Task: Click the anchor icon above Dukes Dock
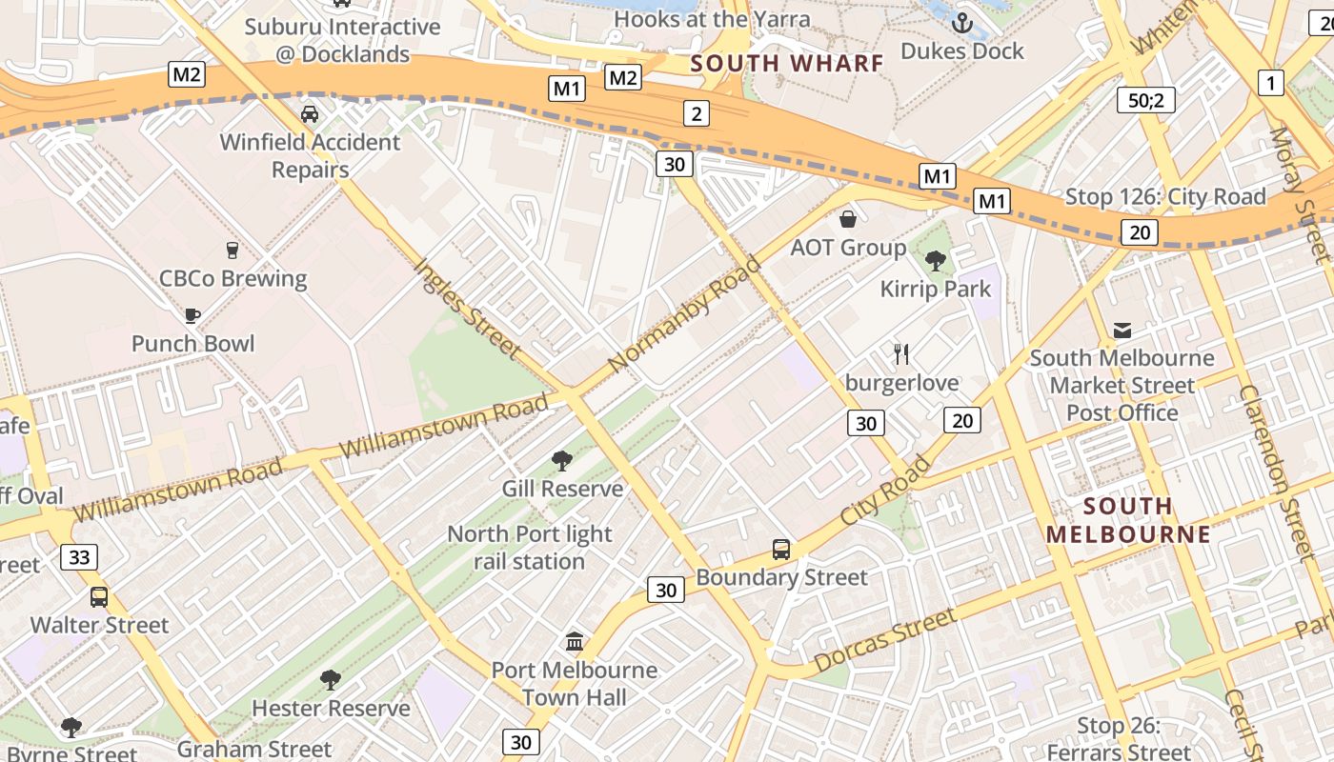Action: (961, 22)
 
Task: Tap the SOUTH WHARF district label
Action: (787, 64)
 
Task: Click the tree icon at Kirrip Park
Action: (936, 260)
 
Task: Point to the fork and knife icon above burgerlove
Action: (901, 354)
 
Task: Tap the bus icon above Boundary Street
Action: (781, 550)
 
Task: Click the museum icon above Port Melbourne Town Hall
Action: (574, 642)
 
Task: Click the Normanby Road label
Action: (684, 313)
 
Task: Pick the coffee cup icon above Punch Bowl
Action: (192, 315)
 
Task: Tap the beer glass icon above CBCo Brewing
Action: (232, 251)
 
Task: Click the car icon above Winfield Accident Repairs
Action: (310, 114)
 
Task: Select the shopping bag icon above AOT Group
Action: (847, 219)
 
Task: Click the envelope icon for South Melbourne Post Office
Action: (1122, 331)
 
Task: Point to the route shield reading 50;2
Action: (1145, 100)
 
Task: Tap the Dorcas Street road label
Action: (884, 640)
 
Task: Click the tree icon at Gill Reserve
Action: (562, 461)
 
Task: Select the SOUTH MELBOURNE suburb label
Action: (1128, 520)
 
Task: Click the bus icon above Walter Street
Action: (99, 597)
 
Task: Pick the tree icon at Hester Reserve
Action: (331, 680)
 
